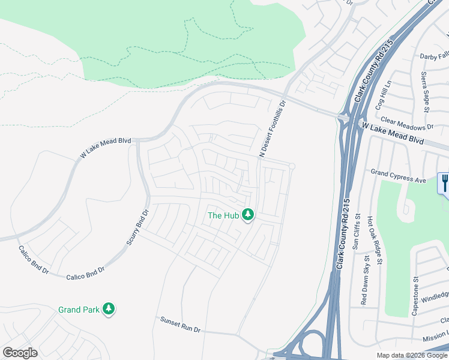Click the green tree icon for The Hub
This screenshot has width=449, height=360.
[248, 215]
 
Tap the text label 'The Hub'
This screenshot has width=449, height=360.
[223, 215]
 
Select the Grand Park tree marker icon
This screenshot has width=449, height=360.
[108, 309]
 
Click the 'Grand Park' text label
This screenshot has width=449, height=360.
[78, 310]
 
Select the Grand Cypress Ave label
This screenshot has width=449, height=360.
[398, 176]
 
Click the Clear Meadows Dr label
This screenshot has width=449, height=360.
[406, 124]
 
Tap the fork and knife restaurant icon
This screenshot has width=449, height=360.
[444, 182]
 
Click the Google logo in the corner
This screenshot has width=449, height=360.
[20, 353]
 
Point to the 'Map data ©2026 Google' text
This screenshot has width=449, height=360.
[412, 355]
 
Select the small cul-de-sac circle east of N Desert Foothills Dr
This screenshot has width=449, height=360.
[292, 166]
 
